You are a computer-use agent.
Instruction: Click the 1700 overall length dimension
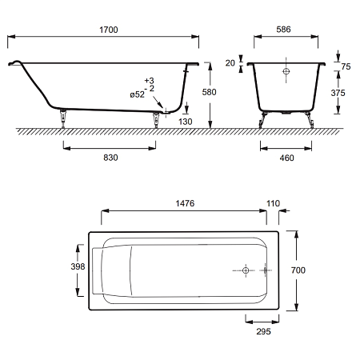pyautogui.click(x=109, y=30)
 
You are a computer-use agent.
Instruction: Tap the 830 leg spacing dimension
pyautogui.click(x=110, y=158)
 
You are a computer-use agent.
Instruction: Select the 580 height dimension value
pyautogui.click(x=209, y=92)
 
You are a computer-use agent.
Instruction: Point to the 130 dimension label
pyautogui.click(x=186, y=122)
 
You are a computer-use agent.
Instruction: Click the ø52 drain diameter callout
pyautogui.click(x=138, y=94)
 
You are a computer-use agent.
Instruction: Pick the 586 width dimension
pyautogui.click(x=283, y=30)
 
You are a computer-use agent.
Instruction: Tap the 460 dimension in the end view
pyautogui.click(x=287, y=158)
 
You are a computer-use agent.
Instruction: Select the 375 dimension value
pyautogui.click(x=338, y=93)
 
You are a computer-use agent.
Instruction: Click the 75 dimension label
pyautogui.click(x=346, y=66)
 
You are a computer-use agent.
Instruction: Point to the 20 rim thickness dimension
pyautogui.click(x=230, y=63)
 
